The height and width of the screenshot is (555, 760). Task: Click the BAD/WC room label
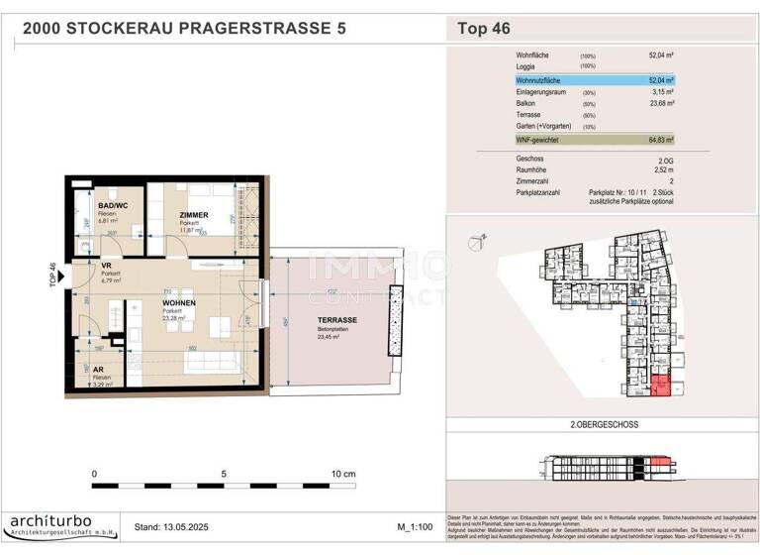tap(99, 205)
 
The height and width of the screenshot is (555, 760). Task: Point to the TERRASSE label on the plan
tap(337, 320)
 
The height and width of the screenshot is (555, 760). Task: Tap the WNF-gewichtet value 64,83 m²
tap(660, 142)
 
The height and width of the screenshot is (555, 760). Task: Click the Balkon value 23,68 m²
tap(660, 103)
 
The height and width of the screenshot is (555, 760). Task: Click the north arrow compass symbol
tap(480, 238)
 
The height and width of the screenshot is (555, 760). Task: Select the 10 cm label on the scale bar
tap(343, 475)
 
